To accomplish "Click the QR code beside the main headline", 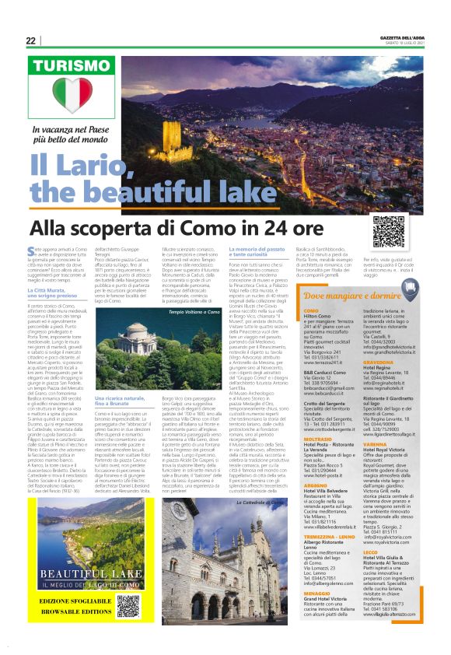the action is [389, 231].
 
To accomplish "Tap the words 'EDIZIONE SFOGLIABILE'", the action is [71, 602].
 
